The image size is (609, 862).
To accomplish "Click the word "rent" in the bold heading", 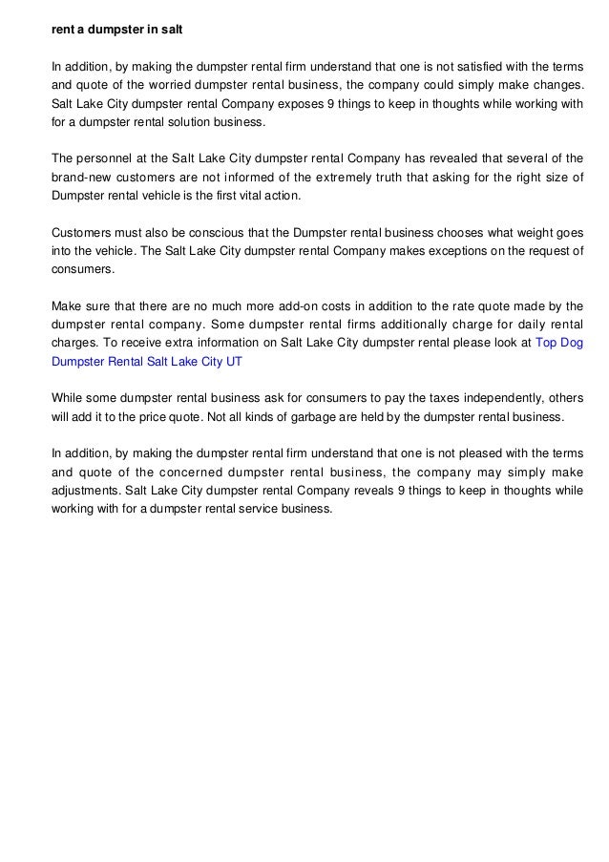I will pos(62,30).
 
